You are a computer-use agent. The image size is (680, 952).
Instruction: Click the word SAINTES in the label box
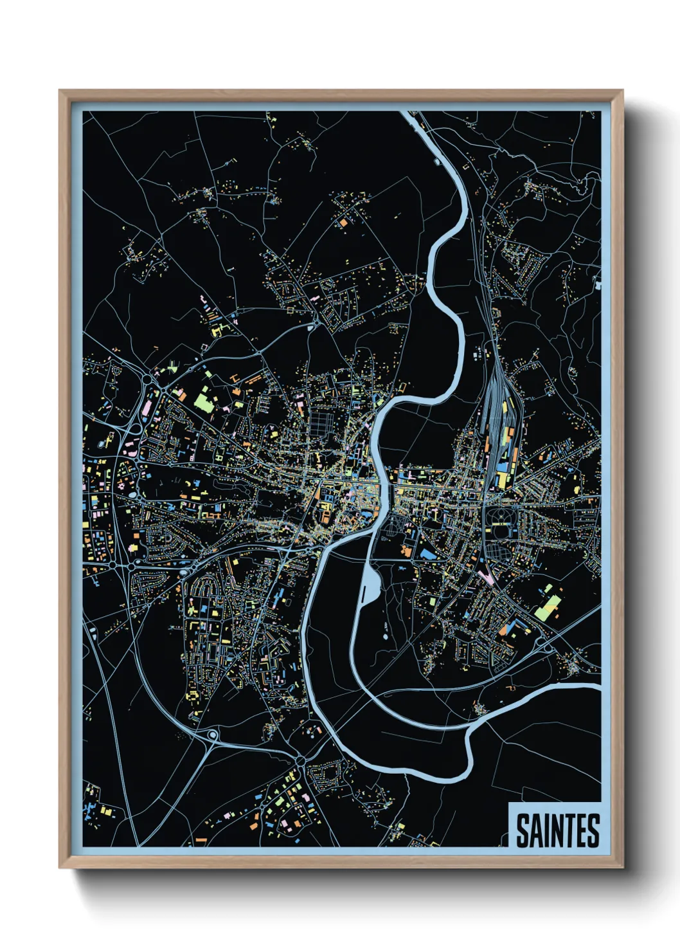pyautogui.click(x=557, y=830)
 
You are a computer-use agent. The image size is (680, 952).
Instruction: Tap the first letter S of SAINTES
pyautogui.click(x=523, y=830)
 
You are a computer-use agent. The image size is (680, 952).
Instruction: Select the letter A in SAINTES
pyautogui.click(x=537, y=830)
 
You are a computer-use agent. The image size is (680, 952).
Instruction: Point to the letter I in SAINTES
pyautogui.click(x=548, y=830)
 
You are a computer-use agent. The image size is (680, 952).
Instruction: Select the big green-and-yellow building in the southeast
pyautogui.click(x=548, y=607)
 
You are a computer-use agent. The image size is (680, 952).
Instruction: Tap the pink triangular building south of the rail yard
pyautogui.click(x=488, y=574)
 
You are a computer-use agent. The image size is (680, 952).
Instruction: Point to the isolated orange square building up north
pyautogui.click(x=343, y=222)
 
